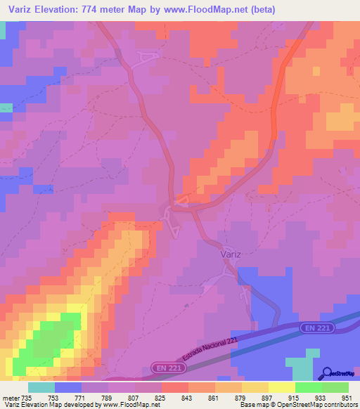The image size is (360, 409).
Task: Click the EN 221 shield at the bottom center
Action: (x=164, y=368)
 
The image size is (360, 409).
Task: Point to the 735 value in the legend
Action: (x=26, y=397)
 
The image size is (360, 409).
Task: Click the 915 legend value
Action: (x=294, y=397)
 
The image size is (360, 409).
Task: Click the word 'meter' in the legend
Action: (x=9, y=397)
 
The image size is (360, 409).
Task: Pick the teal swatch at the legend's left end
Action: (x=41, y=387)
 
